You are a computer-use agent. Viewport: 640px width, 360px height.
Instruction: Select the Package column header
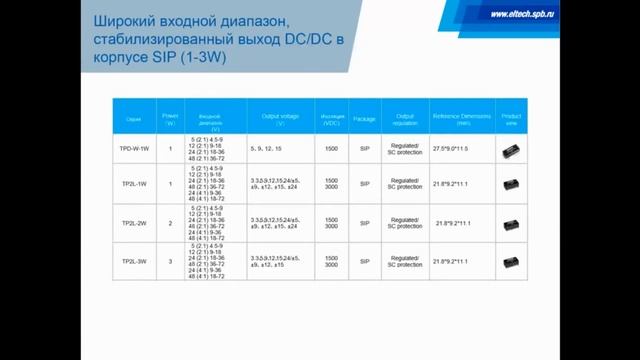(x=365, y=119)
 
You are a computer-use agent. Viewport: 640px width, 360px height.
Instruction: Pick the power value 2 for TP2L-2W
(x=170, y=223)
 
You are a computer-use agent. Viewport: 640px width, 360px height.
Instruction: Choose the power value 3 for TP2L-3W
(x=170, y=262)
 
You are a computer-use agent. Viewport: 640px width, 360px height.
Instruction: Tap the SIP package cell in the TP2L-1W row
(x=365, y=184)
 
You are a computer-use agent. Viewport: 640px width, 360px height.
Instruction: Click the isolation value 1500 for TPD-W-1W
(x=331, y=149)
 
